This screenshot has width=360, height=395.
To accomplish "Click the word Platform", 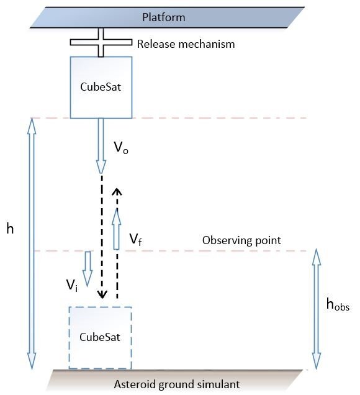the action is pyautogui.click(x=164, y=17).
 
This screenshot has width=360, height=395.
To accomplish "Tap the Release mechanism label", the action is pyautogui.click(x=186, y=44).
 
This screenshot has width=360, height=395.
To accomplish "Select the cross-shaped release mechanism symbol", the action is pyautogui.click(x=101, y=42).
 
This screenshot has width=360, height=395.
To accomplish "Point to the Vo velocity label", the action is pyautogui.click(x=121, y=147).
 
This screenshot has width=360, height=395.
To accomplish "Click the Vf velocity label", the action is pyautogui.click(x=136, y=239).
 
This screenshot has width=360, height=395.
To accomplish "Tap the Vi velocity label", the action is pyautogui.click(x=72, y=286).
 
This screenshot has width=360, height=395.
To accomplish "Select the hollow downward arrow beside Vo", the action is pyautogui.click(x=101, y=146).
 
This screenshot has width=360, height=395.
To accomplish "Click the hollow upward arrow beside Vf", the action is pyautogui.click(x=116, y=229).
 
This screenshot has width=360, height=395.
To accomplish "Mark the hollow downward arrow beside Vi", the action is pyautogui.click(x=88, y=269).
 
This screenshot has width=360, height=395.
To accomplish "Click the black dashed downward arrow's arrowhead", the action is pyautogui.click(x=102, y=294).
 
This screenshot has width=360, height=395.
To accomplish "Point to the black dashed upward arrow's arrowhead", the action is pyautogui.click(x=117, y=192).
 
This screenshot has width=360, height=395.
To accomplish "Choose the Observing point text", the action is pyautogui.click(x=241, y=240).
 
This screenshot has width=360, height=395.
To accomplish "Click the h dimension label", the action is pyautogui.click(x=10, y=229).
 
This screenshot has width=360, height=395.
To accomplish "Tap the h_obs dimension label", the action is pyautogui.click(x=338, y=304).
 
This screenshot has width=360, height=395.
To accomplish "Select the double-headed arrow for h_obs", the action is pyautogui.click(x=317, y=309).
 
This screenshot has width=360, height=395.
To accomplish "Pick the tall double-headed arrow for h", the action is pyautogui.click(x=32, y=243).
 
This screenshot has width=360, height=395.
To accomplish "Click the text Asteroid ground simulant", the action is pyautogui.click(x=177, y=384).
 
